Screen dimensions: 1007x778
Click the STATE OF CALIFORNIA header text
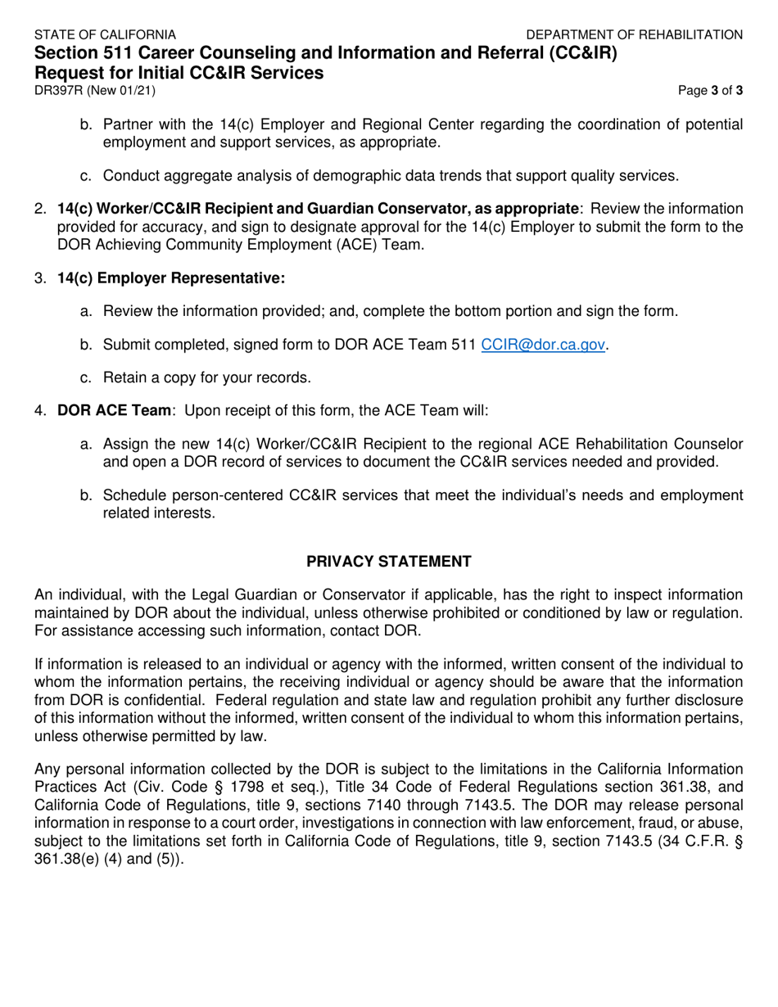[104, 34]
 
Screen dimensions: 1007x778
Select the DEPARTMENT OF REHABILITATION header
[635, 34]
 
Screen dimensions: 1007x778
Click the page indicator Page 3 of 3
[711, 91]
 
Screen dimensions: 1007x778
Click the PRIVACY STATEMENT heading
[388, 562]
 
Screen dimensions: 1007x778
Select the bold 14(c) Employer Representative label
[171, 278]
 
